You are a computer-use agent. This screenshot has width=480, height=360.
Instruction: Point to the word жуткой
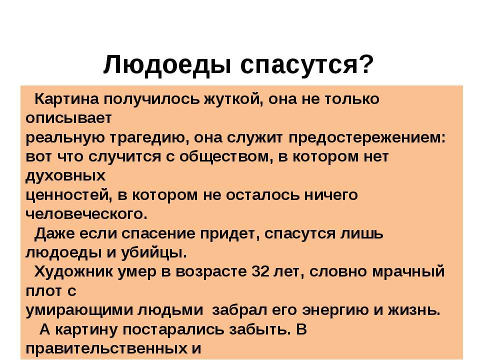tap(234, 99)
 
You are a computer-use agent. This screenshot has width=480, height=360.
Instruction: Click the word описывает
tap(68, 118)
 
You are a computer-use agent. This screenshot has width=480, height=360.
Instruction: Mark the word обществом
tap(226, 156)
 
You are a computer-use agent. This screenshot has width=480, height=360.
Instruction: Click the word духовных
tap(65, 176)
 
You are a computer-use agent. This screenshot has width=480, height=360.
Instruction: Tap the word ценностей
tap(68, 195)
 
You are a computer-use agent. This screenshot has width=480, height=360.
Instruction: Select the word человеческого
tap(86, 214)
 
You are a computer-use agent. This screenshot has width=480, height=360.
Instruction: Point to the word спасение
tap(159, 234)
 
